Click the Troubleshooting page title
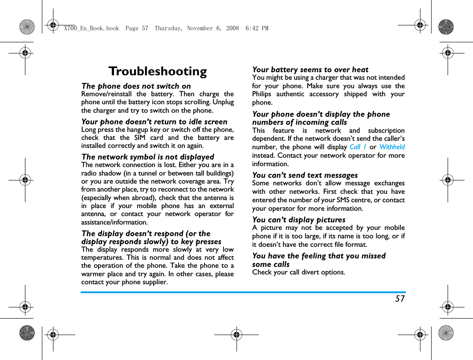(158, 71)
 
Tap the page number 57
(400, 299)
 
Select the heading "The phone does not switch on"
(136, 86)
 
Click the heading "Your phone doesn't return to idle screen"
(154, 122)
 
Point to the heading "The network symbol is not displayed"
(147, 157)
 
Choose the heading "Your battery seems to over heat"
(310, 70)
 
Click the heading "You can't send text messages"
(305, 175)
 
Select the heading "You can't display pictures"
(298, 220)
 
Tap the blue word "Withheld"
(392, 147)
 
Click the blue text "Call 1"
(358, 147)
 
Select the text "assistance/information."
(114, 222)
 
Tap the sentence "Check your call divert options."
(298, 272)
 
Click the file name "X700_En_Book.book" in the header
(91, 29)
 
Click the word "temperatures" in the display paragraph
(101, 258)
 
